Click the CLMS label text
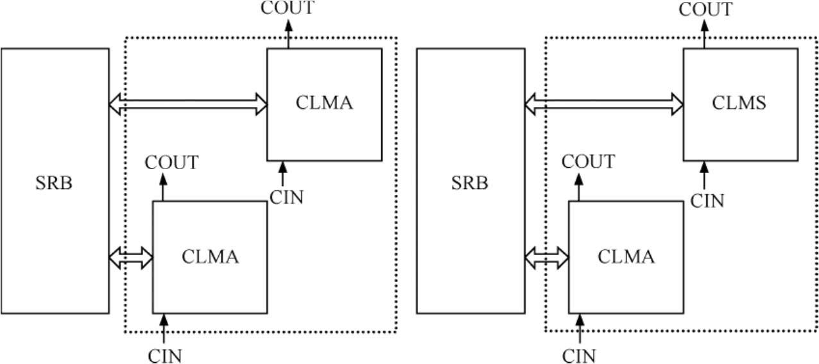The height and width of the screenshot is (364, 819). [739, 103]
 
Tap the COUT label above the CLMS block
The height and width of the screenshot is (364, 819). [705, 10]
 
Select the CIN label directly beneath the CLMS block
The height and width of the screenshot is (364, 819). [707, 201]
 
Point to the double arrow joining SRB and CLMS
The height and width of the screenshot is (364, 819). [604, 103]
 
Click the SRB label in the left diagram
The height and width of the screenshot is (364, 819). [54, 183]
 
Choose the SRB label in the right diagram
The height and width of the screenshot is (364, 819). [470, 183]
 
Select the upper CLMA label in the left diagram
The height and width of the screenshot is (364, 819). [324, 103]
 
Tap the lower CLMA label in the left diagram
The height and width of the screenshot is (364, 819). [210, 257]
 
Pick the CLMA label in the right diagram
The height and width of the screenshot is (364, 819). [626, 257]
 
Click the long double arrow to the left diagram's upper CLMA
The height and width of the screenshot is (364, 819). [188, 103]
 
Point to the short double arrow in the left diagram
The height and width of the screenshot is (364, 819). [131, 258]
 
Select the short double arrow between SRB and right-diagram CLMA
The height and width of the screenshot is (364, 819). [547, 258]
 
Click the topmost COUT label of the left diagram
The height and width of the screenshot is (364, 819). [288, 8]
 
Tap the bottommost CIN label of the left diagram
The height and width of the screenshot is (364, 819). [165, 355]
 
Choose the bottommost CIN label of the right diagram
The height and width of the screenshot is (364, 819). [580, 355]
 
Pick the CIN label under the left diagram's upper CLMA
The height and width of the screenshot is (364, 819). [286, 197]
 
